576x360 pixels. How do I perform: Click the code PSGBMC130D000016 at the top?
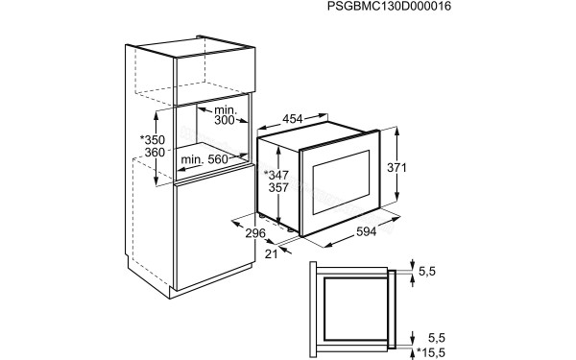(x=389, y=8)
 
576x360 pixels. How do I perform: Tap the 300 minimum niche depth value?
(x=225, y=121)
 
